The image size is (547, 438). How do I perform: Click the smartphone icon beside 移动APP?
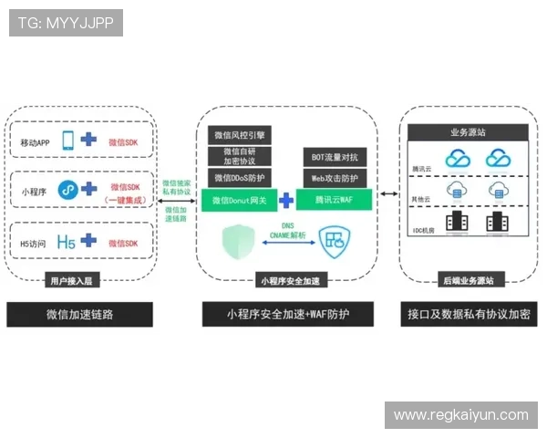(67, 141)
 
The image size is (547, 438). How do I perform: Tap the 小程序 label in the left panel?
(34, 192)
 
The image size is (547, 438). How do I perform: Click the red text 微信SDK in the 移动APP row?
(122, 142)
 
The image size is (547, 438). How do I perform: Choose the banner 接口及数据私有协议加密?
(467, 315)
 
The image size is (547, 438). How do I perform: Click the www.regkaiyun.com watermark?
(460, 415)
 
